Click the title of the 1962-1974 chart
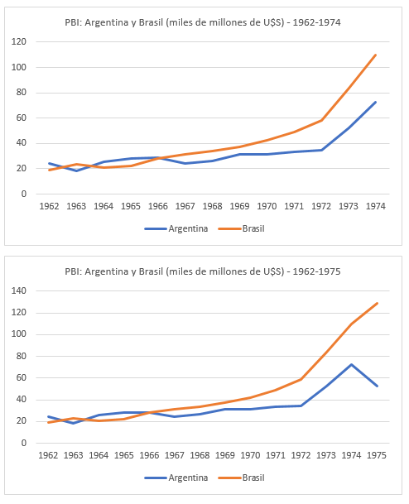(x=203, y=22)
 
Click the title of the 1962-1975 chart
(x=203, y=271)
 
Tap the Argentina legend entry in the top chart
(x=176, y=229)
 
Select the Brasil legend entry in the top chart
(x=241, y=229)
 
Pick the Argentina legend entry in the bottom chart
(x=176, y=478)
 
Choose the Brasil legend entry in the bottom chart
(x=241, y=478)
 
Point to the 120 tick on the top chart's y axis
(x=19, y=41)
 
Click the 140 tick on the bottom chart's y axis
(x=19, y=290)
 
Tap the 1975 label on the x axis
(x=377, y=455)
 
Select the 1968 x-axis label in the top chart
(x=212, y=206)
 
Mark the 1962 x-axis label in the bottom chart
(x=48, y=455)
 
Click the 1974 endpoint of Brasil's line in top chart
(x=375, y=55)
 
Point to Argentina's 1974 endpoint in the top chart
(x=375, y=103)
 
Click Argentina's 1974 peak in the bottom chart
(x=351, y=364)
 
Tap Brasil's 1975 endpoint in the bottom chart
(x=377, y=303)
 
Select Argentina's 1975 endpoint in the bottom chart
(x=377, y=386)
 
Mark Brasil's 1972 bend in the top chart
(x=321, y=120)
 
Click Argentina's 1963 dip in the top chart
(x=76, y=170)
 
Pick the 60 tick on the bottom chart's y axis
(x=22, y=377)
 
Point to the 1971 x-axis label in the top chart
(x=294, y=206)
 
